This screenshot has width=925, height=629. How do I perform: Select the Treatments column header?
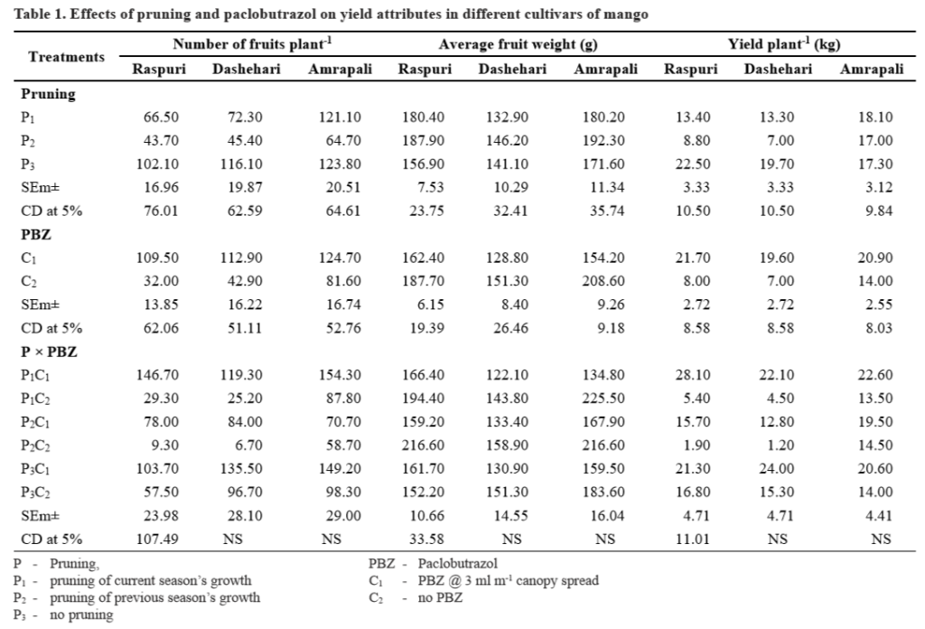[x=66, y=56]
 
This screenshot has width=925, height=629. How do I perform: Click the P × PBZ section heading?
[x=49, y=352]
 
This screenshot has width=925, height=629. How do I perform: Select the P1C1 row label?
[x=35, y=374]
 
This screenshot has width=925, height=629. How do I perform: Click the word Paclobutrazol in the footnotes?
[x=433, y=563]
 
